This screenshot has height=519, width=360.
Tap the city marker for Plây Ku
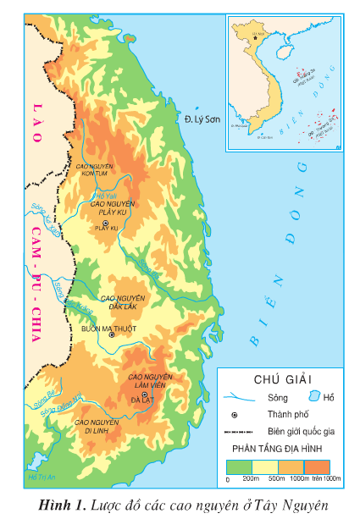tap(117, 223)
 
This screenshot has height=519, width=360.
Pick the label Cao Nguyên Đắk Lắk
tap(123, 302)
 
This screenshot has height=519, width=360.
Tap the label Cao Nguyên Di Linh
tap(95, 426)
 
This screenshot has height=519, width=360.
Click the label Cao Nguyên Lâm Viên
tap(149, 380)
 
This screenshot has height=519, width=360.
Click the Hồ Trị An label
tap(41, 479)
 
